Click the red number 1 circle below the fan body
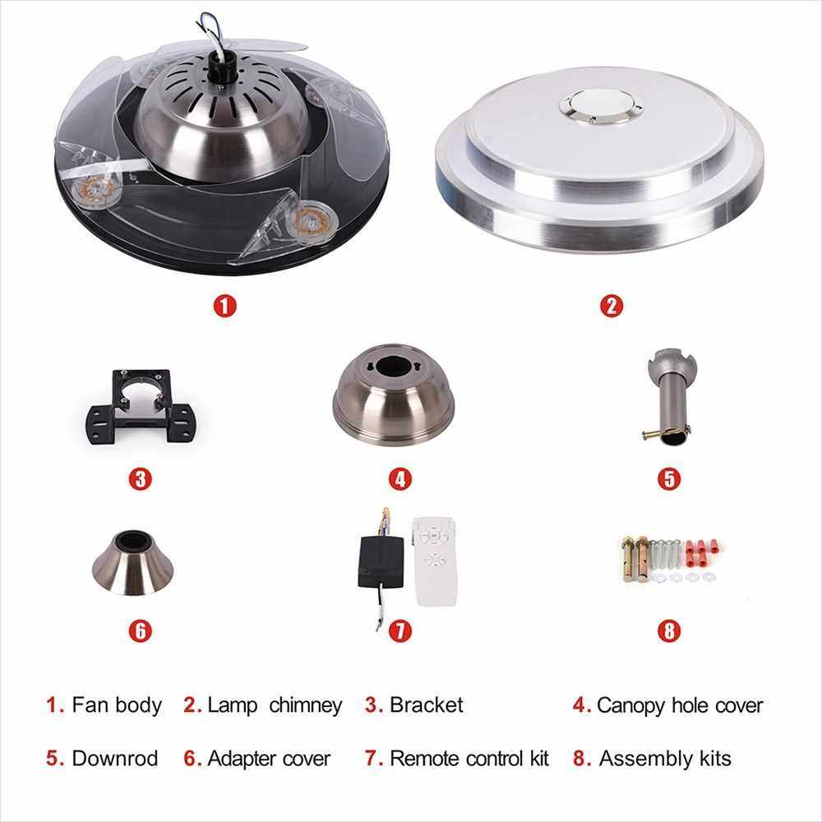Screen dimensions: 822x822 pos(225,306)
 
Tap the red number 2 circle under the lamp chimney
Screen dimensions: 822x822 pos(612,306)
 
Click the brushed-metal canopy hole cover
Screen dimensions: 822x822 pos(394,395)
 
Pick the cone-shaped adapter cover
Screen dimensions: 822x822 pos(132,562)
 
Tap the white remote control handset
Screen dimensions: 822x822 pos(435,561)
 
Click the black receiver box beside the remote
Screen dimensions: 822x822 pos(381,562)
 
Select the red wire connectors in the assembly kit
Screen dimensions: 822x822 pos(700,552)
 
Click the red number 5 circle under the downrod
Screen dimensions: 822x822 pos(669,478)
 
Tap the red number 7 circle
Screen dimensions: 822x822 pos(400,630)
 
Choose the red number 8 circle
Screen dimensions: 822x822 pos(669,630)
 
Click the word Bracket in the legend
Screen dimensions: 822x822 pos(426,705)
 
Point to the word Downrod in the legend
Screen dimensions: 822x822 pos(115,759)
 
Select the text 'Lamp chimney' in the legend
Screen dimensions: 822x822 pos(275,705)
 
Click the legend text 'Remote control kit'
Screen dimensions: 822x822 pos(469,759)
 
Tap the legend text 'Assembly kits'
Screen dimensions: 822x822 pos(665,759)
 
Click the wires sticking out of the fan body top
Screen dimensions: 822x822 pos(213,31)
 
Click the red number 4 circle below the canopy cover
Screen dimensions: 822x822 pos(400,478)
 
